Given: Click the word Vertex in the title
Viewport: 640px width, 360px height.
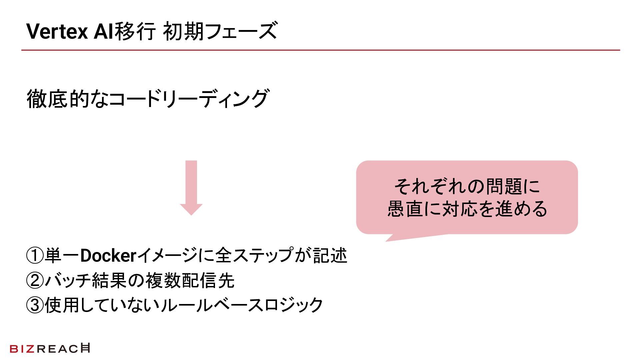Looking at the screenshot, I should pyautogui.click(x=57, y=32).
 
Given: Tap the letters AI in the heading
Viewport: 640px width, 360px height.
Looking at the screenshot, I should pyautogui.click(x=103, y=32).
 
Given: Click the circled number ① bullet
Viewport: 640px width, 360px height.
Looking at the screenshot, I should pyautogui.click(x=35, y=256).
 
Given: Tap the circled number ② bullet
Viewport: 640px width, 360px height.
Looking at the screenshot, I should pyautogui.click(x=35, y=281).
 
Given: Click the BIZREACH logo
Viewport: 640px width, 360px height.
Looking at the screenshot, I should pyautogui.click(x=50, y=348).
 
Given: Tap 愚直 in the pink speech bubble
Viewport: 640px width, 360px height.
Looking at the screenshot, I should pyautogui.click(x=405, y=209).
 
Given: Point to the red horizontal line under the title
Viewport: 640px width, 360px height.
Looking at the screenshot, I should pyautogui.click(x=320, y=50).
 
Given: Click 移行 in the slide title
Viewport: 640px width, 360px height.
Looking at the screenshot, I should pyautogui.click(x=135, y=32).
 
